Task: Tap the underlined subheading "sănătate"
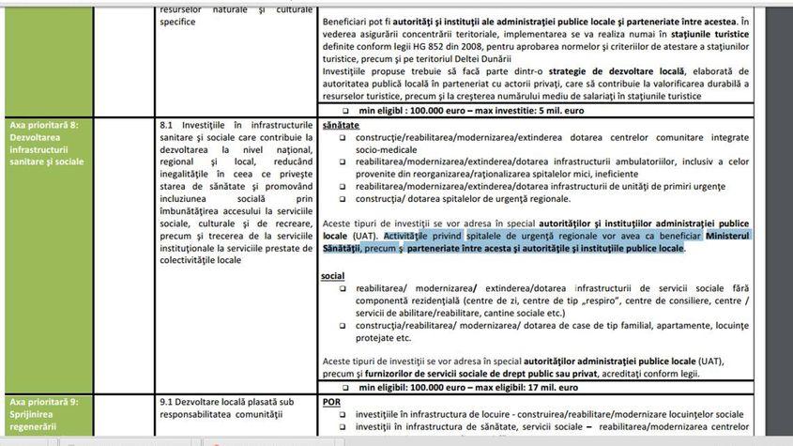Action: tap(340, 124)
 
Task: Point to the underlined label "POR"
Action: tap(331, 399)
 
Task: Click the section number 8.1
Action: tap(167, 124)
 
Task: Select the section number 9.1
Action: tap(167, 399)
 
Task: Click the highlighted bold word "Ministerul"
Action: tap(714, 235)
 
